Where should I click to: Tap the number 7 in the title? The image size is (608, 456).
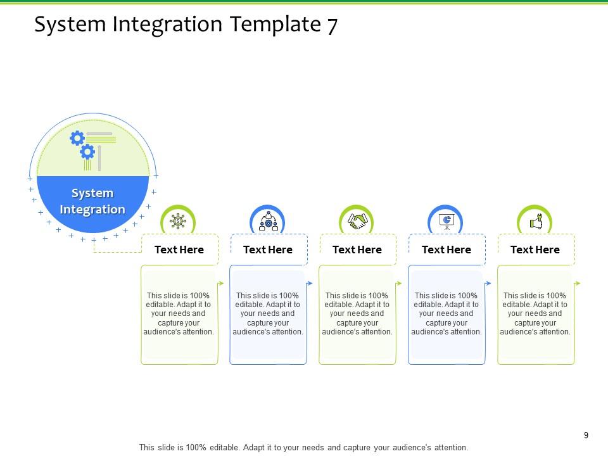coord(332,25)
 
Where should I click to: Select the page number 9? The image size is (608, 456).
coord(586,435)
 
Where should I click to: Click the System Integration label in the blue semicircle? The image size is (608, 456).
coord(92,201)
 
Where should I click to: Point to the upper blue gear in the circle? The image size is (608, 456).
coord(77,137)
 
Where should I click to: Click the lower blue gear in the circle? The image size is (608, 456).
coord(87,152)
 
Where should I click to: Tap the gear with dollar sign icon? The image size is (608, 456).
coord(178,221)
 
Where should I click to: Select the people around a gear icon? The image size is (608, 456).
coord(268,221)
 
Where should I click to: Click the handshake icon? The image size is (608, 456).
coord(357,221)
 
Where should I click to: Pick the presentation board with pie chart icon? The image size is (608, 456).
coord(446,221)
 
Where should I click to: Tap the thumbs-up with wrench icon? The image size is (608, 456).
coord(535,221)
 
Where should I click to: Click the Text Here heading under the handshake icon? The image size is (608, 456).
coord(357,250)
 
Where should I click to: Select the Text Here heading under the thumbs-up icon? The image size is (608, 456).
coord(535,250)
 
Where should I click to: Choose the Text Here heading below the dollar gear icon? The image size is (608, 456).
coord(179,250)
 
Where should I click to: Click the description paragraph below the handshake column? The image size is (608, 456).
coord(357,313)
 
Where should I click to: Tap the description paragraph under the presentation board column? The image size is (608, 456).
coord(446,313)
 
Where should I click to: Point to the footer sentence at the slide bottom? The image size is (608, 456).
coord(303,447)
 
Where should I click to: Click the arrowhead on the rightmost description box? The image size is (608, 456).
coord(578,283)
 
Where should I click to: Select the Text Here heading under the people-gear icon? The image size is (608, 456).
coord(268,250)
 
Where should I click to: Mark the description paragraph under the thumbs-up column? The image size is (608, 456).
coord(535,313)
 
